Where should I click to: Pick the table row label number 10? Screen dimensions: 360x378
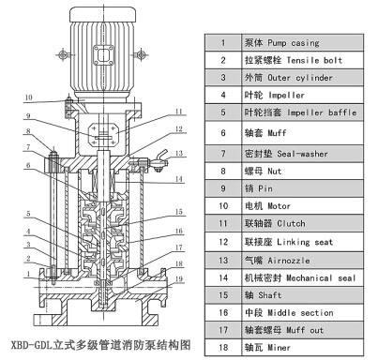tap(223, 202)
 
